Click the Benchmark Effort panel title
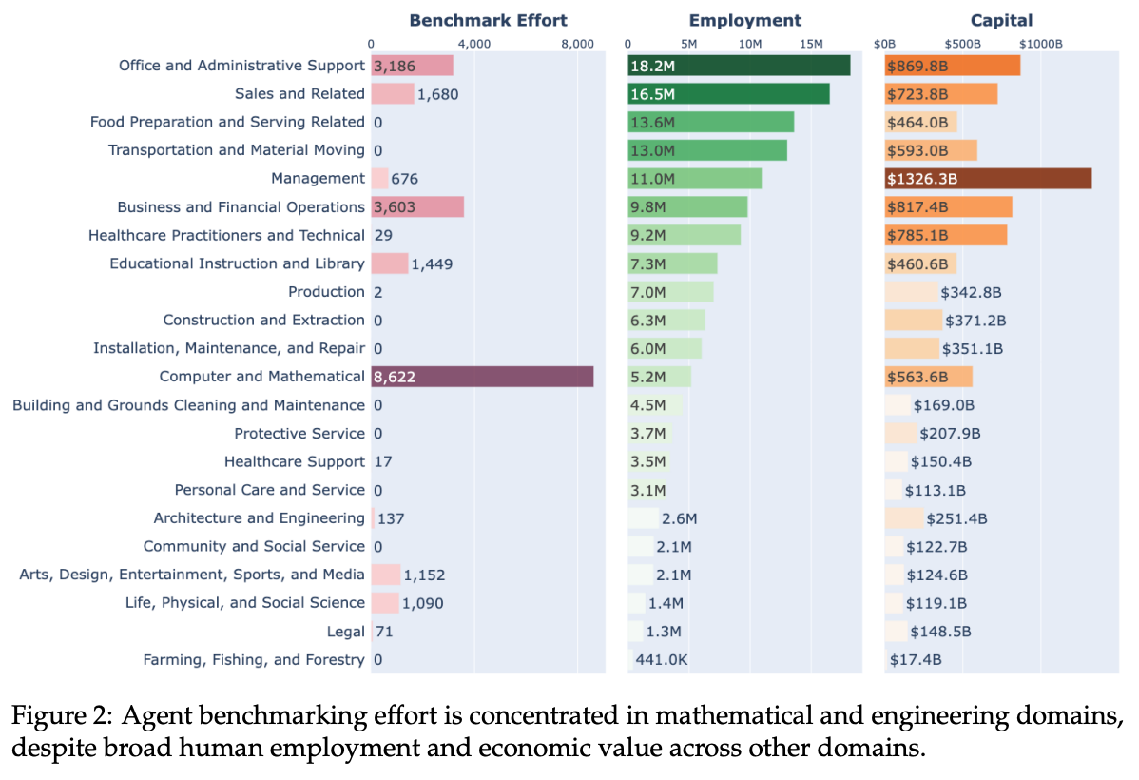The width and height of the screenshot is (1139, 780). [488, 20]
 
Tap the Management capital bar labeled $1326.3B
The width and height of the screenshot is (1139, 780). [988, 179]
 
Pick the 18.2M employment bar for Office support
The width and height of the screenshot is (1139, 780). [739, 66]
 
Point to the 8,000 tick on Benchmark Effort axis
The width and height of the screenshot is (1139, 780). [577, 44]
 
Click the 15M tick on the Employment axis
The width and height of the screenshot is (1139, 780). [811, 44]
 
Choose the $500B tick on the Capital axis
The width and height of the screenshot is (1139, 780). [962, 44]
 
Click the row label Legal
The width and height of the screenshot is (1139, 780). [345, 632]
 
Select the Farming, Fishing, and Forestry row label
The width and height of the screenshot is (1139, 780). [253, 660]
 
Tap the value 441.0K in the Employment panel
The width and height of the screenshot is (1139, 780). [661, 660]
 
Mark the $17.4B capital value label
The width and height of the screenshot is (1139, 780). [916, 660]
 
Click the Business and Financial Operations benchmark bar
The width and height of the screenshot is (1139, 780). [417, 207]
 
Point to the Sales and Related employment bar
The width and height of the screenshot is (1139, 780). [728, 94]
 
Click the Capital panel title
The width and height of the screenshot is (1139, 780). [1001, 20]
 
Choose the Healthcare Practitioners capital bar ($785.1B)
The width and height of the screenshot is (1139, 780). [945, 235]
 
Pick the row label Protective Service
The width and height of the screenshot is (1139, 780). [299, 434]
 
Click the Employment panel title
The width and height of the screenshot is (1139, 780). [744, 20]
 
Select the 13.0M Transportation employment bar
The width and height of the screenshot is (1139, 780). [707, 150]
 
